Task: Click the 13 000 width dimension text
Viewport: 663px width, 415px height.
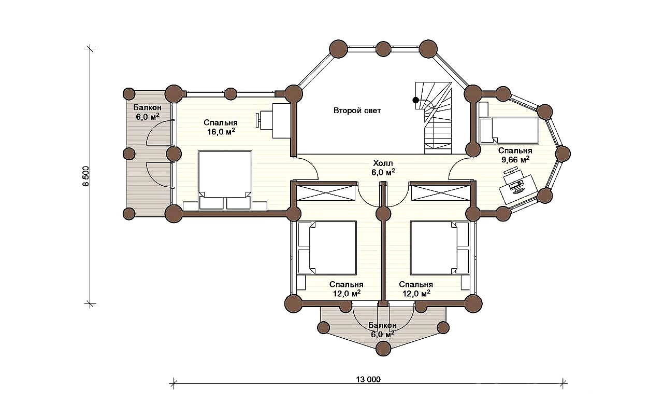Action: coord(368,379)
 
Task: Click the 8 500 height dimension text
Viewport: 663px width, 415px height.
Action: coord(85,176)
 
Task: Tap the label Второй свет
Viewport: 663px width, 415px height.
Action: coord(357,110)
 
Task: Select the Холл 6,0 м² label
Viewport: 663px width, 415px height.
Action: coord(383,168)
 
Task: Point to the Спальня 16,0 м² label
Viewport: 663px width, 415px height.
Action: coord(221,127)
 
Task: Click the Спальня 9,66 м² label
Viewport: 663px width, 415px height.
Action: coord(515,155)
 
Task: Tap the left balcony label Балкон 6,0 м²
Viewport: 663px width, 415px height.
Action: coord(148,112)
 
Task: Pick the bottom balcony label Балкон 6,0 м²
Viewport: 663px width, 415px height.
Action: coord(382,329)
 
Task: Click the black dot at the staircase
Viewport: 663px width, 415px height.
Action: coord(416,100)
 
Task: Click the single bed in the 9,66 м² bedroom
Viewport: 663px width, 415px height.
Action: coord(509,130)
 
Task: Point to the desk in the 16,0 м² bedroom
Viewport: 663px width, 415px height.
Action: coord(281,121)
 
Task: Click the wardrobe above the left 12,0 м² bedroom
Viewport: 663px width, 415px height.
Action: coord(326,192)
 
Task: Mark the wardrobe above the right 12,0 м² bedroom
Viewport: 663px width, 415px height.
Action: coord(441,192)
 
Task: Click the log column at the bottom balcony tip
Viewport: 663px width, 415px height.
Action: coord(383,348)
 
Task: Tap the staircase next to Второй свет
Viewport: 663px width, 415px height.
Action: coord(435,118)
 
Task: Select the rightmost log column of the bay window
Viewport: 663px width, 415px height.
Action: coord(563,154)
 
